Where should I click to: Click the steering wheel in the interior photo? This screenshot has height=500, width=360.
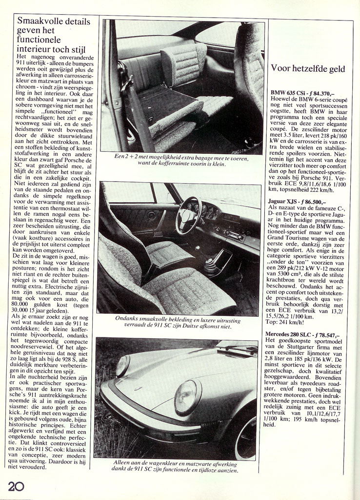(189, 215)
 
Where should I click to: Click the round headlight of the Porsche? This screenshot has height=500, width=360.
(187, 395)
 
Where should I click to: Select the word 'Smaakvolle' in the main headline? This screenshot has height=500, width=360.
(40, 21)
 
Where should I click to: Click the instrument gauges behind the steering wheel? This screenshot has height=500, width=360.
(207, 211)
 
